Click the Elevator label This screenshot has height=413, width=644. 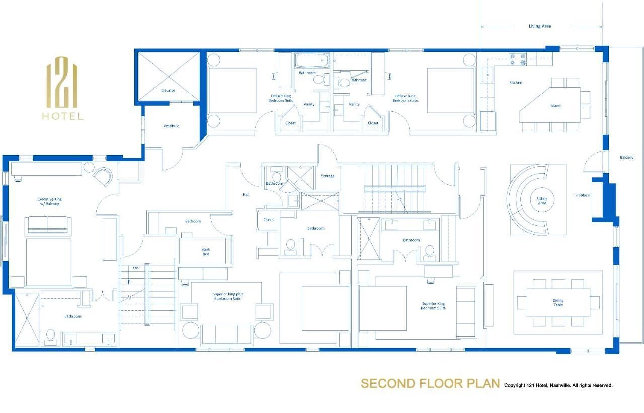click(x=168, y=90)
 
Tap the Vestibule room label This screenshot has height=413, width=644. click(x=171, y=126)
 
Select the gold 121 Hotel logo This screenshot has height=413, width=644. click(x=63, y=88)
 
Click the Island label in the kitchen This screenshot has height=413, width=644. click(x=555, y=106)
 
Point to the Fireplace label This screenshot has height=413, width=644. click(x=582, y=195)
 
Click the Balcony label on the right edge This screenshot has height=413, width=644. click(x=626, y=158)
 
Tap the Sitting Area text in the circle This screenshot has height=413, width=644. click(x=542, y=201)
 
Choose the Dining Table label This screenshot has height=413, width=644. click(x=558, y=303)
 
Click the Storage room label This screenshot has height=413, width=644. click(x=328, y=176)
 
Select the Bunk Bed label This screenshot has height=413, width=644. click(x=206, y=252)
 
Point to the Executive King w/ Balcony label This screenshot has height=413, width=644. click(x=49, y=201)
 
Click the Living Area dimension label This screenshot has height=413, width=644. click(x=540, y=26)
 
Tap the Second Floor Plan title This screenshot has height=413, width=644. click(x=430, y=384)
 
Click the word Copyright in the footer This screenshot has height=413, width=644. click(x=515, y=385)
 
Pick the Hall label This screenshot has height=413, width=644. click(x=246, y=195)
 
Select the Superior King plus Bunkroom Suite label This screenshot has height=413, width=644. click(x=228, y=296)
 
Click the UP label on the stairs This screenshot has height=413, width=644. click(x=135, y=268)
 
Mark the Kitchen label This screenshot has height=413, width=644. click(x=516, y=82)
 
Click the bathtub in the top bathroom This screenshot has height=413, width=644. click(x=312, y=61)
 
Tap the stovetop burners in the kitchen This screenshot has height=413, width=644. click(x=518, y=59)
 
